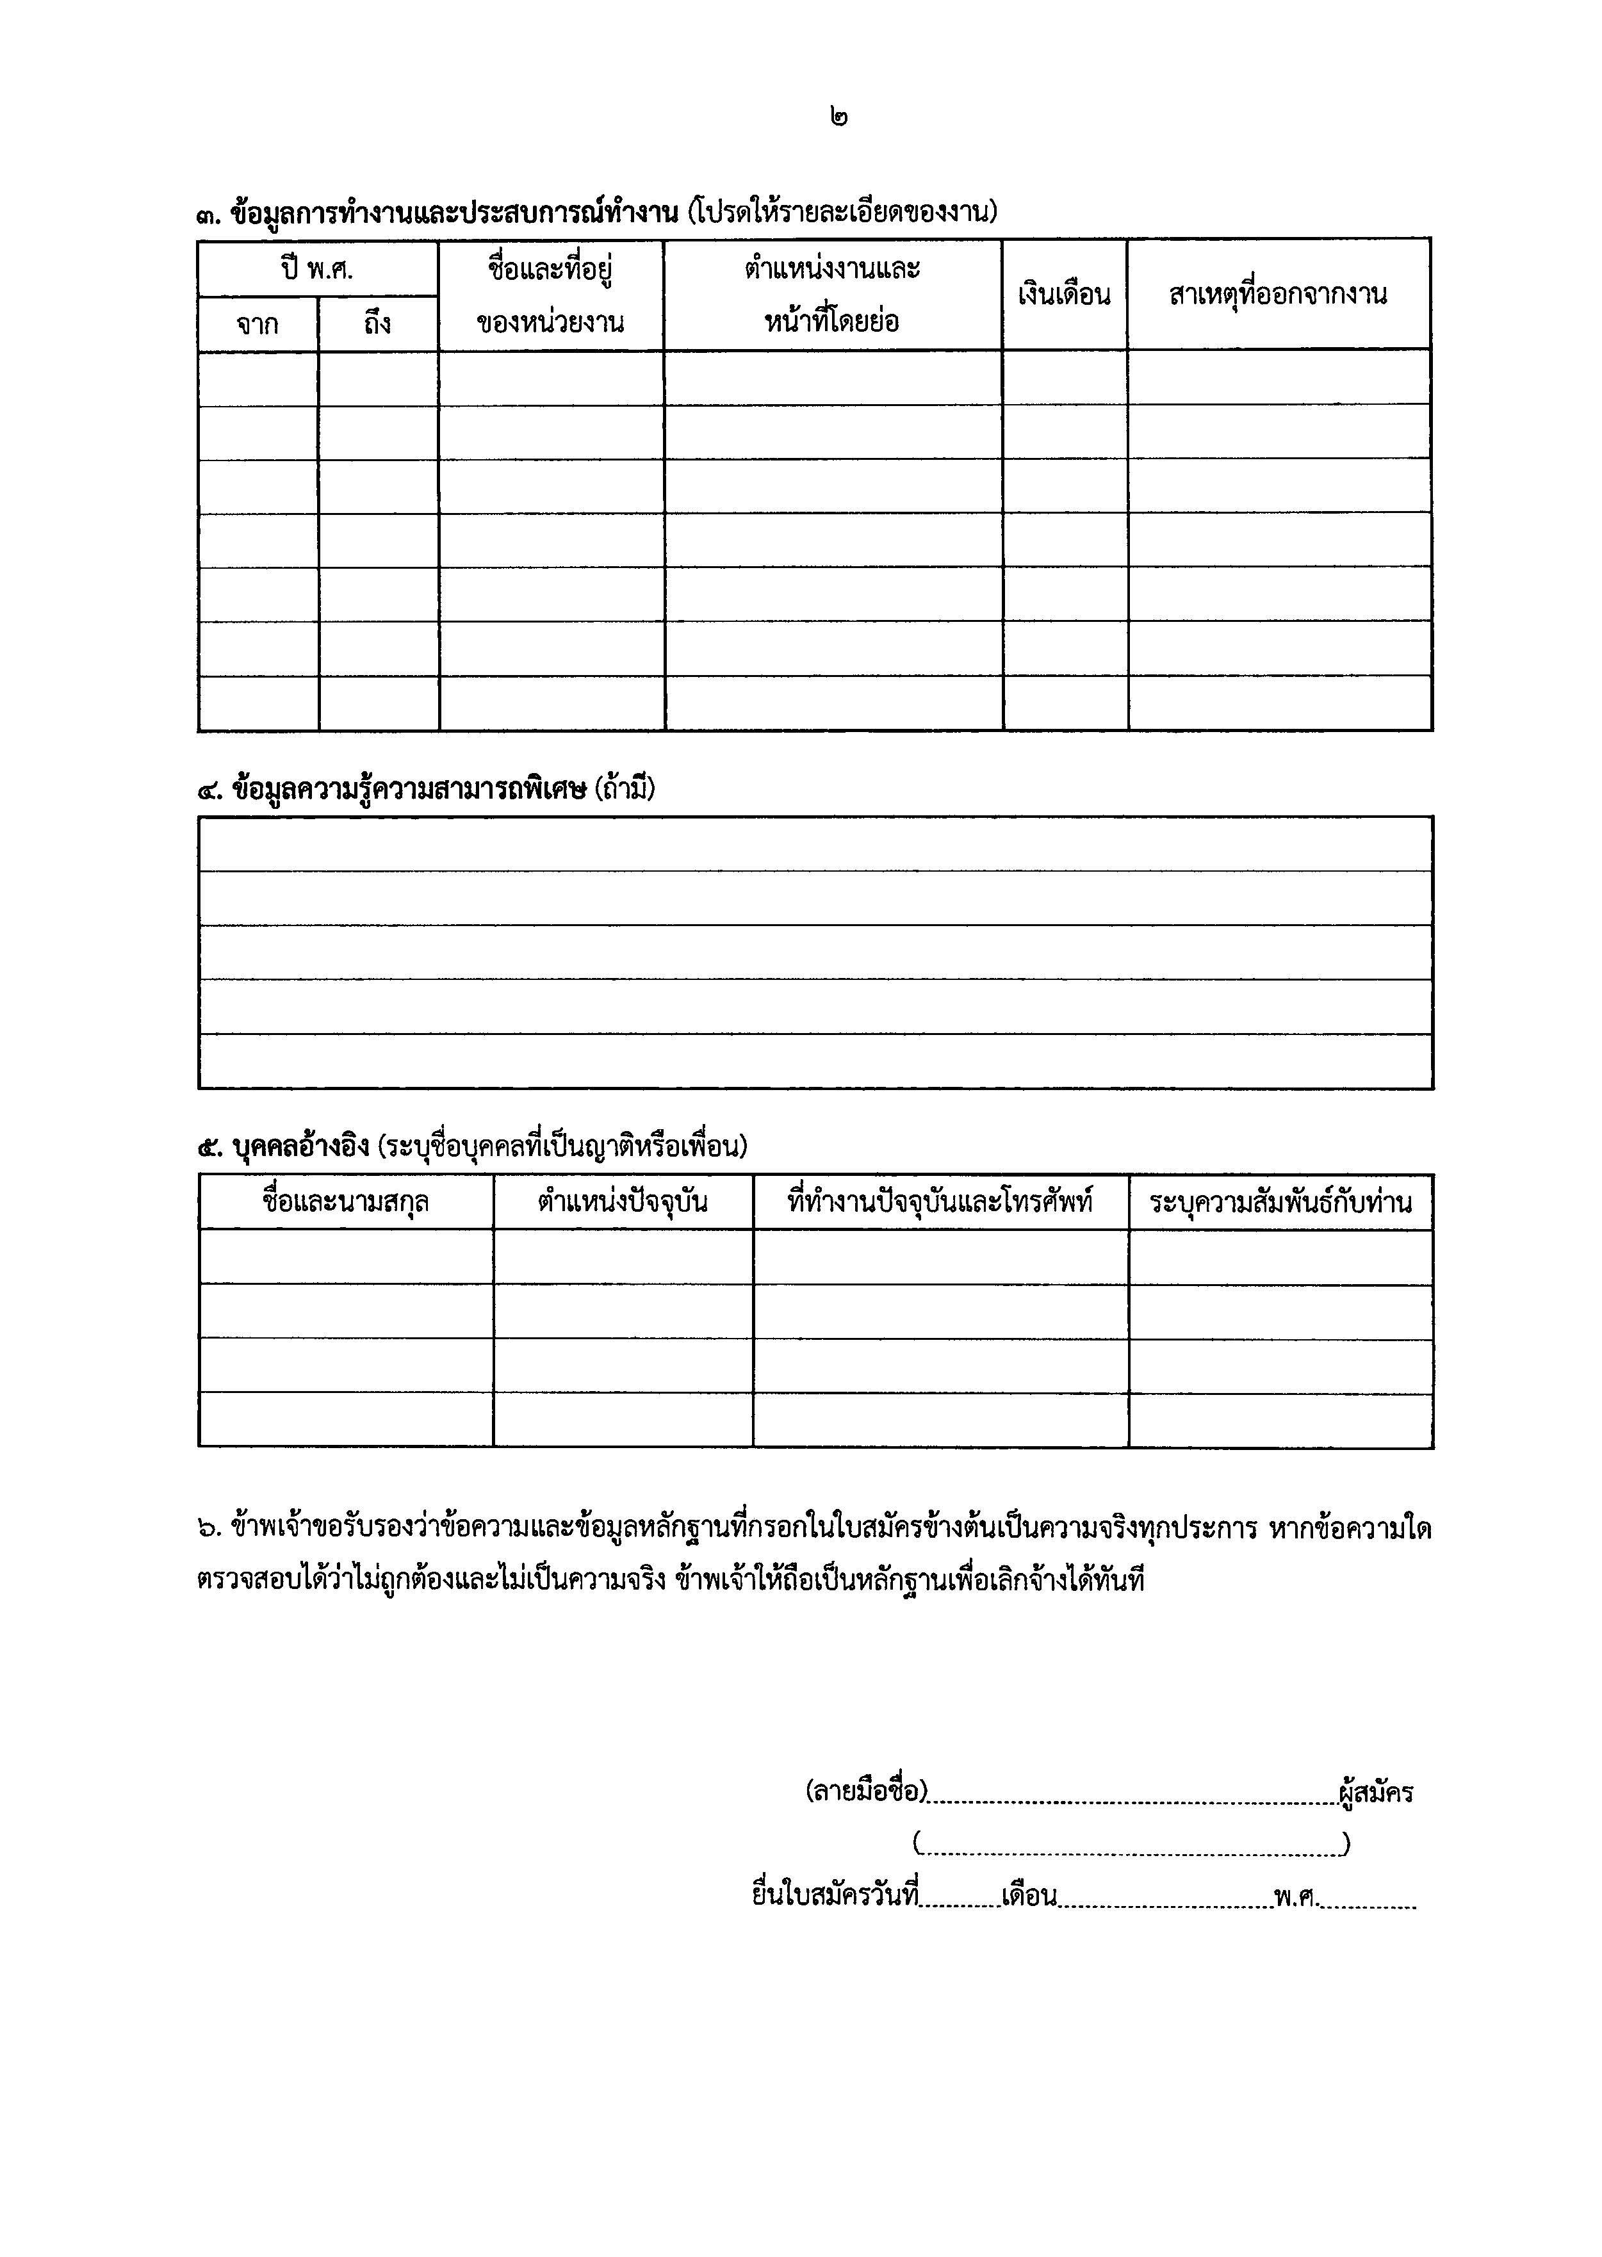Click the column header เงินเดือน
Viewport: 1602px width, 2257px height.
coord(1065,294)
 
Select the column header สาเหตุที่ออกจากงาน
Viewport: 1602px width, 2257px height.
coord(1279,294)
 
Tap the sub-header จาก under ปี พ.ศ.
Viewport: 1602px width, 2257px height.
coord(257,323)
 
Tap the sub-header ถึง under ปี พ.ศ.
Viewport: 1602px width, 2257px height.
coord(378,323)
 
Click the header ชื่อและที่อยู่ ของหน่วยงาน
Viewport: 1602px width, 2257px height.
coord(550,294)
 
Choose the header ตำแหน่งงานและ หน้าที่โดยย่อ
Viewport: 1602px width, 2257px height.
coord(833,294)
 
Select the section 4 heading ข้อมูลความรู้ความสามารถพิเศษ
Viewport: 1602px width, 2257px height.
coord(409,789)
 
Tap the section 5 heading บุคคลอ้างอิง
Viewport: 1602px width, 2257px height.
coord(301,1146)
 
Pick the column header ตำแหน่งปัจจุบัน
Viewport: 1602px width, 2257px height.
coord(623,1202)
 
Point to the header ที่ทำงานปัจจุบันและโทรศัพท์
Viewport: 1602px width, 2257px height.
coord(940,1202)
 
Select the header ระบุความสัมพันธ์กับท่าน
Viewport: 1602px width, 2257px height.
coord(1280,1202)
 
